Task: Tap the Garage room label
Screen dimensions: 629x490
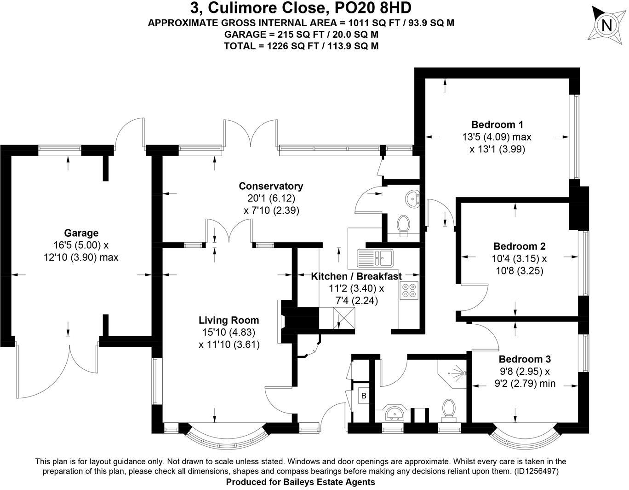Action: pyautogui.click(x=81, y=233)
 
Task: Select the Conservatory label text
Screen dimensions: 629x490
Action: pyautogui.click(x=271, y=186)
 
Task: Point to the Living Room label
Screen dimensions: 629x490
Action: pyautogui.click(x=229, y=320)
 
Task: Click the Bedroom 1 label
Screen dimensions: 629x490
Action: pyautogui.click(x=497, y=124)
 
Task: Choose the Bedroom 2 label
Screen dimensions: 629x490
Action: pyautogui.click(x=519, y=246)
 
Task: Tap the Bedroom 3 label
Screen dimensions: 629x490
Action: pyautogui.click(x=525, y=359)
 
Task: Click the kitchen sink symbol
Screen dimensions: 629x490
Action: pyautogui.click(x=375, y=258)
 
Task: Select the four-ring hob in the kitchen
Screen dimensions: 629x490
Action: pyautogui.click(x=409, y=291)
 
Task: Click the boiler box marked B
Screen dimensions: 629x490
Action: pyautogui.click(x=364, y=396)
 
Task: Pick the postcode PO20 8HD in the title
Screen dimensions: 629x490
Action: pyautogui.click(x=373, y=8)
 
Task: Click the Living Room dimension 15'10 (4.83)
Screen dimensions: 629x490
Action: pyautogui.click(x=229, y=332)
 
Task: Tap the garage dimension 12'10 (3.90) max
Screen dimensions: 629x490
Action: pyautogui.click(x=81, y=257)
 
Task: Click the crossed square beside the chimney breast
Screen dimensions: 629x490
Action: pyautogui.click(x=344, y=318)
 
